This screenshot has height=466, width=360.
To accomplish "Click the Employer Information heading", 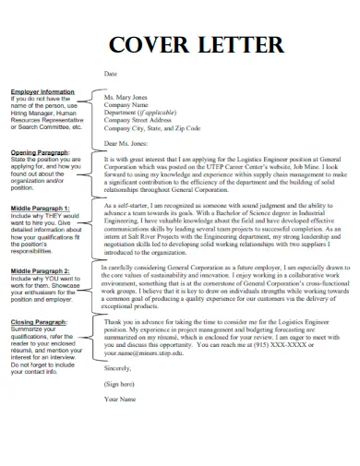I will [x=42, y=92].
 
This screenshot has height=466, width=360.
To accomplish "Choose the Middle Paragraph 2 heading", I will [x=43, y=270].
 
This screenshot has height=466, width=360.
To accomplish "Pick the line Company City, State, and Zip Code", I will [x=152, y=127].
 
